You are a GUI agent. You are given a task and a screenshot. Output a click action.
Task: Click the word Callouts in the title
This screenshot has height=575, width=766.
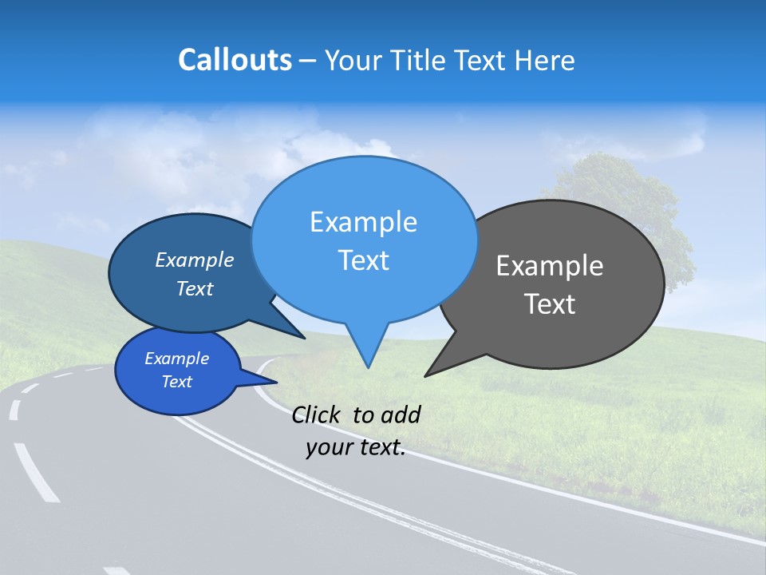pos(235,60)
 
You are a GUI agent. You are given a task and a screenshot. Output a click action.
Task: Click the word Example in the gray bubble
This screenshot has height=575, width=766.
pos(550,266)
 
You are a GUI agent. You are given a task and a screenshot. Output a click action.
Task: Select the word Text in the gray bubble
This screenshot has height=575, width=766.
pos(550,304)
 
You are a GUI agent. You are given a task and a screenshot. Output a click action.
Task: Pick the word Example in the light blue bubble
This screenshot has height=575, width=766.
pos(363,222)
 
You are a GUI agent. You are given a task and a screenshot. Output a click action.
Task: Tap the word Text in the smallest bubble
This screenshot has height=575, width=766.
pos(177,382)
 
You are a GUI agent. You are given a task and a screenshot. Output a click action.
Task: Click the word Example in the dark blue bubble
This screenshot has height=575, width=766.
pos(195,260)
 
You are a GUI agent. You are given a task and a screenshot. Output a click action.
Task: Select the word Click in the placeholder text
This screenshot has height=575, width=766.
pos(317,414)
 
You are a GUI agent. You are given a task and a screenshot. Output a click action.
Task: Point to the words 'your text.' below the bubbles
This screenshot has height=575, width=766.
pos(356,448)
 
